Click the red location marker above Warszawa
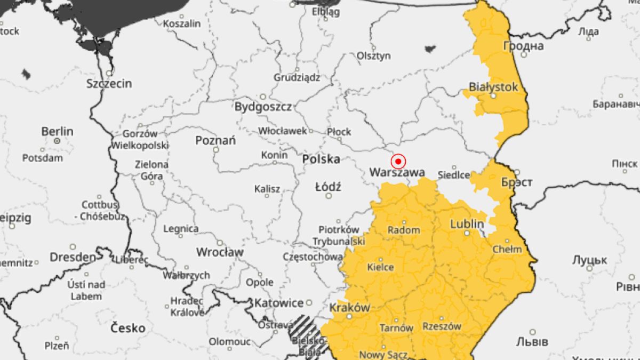tap(398, 161)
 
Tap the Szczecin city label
tap(109, 84)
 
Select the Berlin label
tap(58, 131)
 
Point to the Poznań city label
tap(215, 141)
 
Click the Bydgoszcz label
tap(263, 107)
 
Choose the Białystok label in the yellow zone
tap(493, 86)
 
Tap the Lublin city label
tap(467, 223)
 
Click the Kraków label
tap(349, 307)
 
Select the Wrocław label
tap(220, 252)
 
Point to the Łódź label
tap(328, 187)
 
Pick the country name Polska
tap(321, 159)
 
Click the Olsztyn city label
tap(374, 55)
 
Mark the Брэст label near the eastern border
tap(516, 182)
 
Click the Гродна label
tap(523, 46)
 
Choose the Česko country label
tap(127, 327)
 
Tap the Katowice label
tap(278, 303)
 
